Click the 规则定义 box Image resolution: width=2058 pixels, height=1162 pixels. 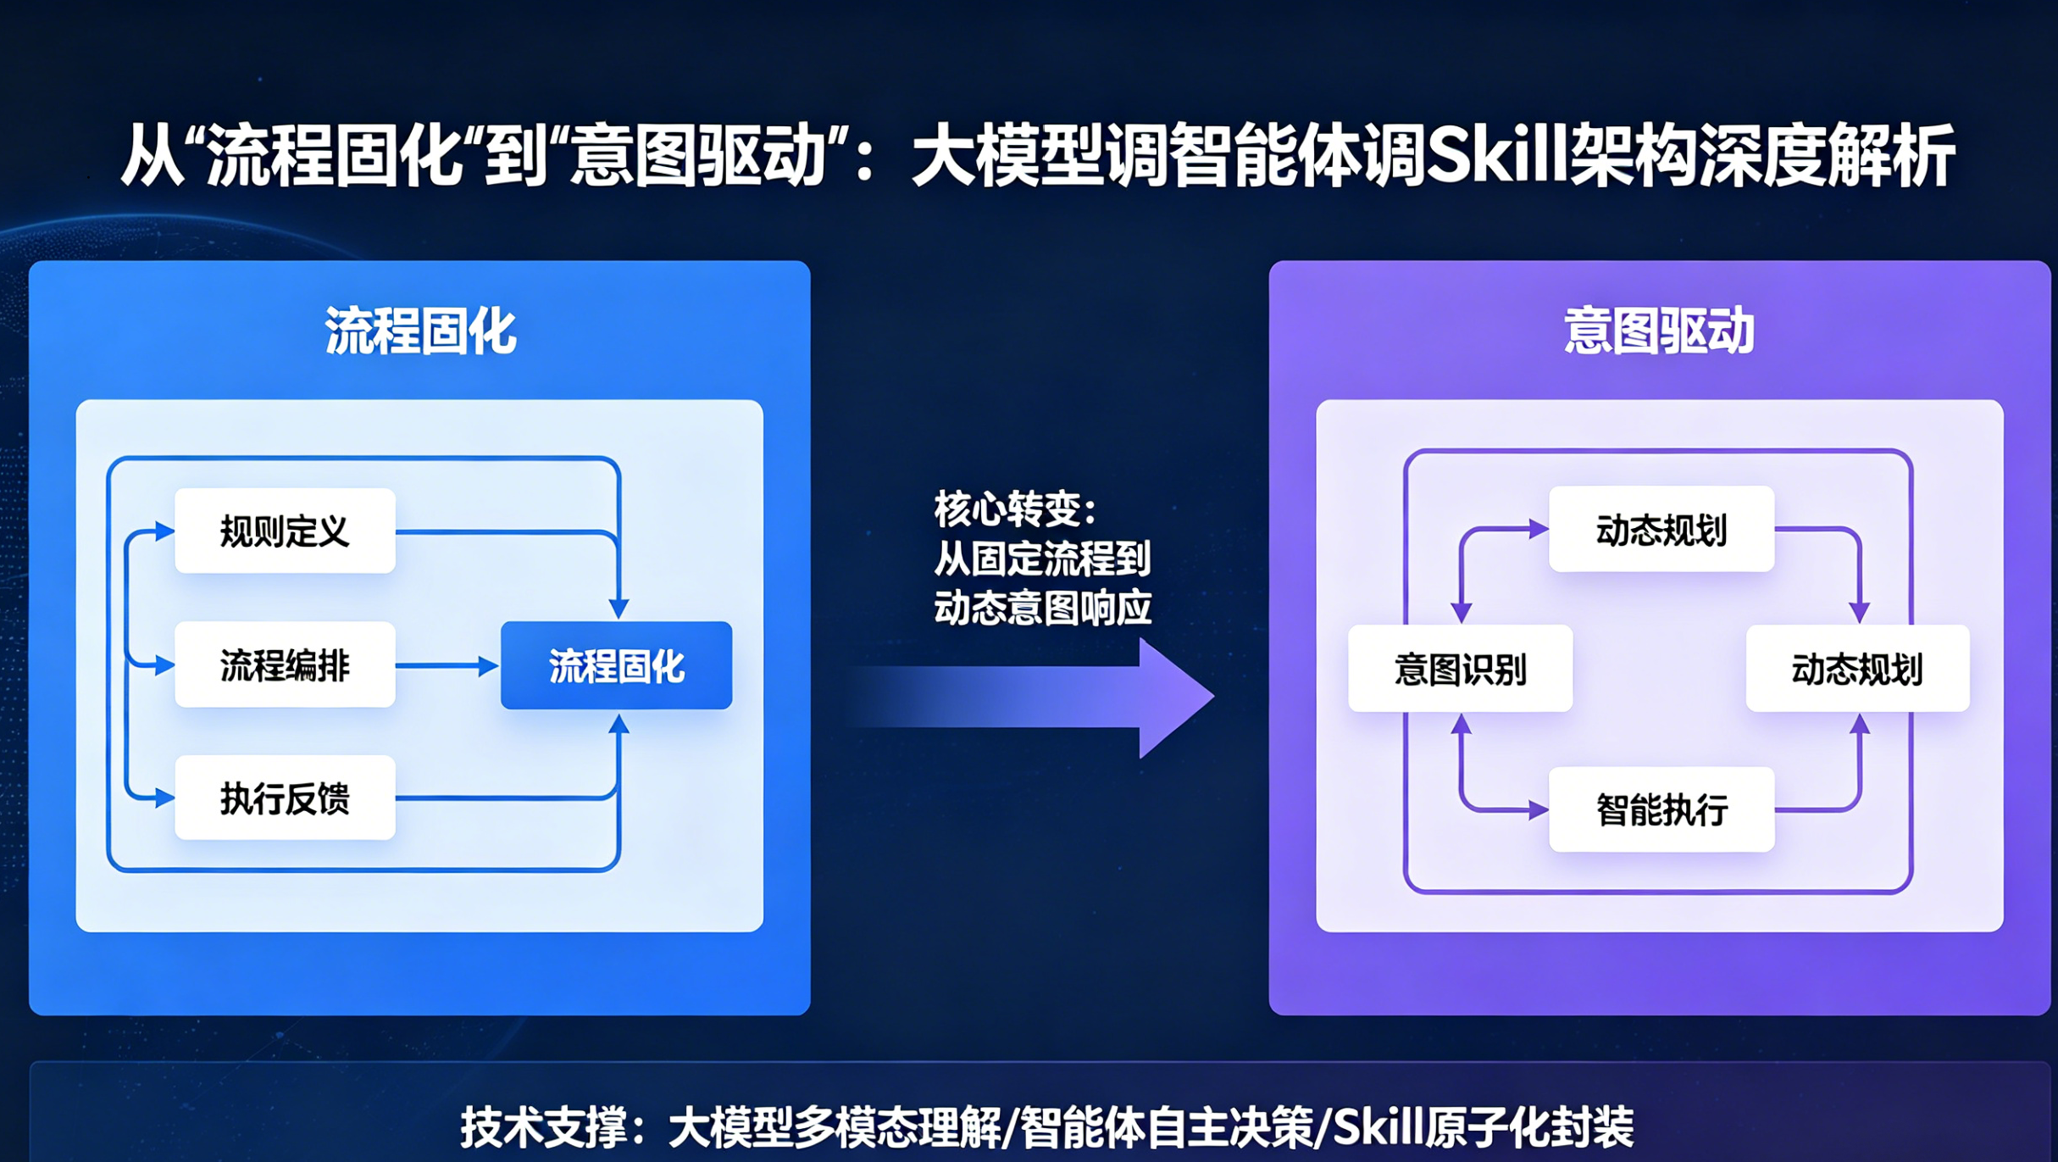coord(285,531)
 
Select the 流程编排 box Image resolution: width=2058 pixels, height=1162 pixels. coord(285,665)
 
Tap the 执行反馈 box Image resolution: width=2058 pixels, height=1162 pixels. coord(285,798)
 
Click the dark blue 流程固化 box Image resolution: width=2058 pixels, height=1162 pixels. coord(616,666)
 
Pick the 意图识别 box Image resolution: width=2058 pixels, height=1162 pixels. coord(1460,669)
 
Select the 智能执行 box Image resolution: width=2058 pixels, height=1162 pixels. coord(1661,809)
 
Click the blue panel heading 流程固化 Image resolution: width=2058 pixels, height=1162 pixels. coord(420,331)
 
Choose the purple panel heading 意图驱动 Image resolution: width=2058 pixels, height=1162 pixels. coord(1659,331)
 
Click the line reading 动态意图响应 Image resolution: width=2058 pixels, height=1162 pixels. coord(1043,608)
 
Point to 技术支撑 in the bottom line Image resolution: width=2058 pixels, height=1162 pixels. coord(542,1126)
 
